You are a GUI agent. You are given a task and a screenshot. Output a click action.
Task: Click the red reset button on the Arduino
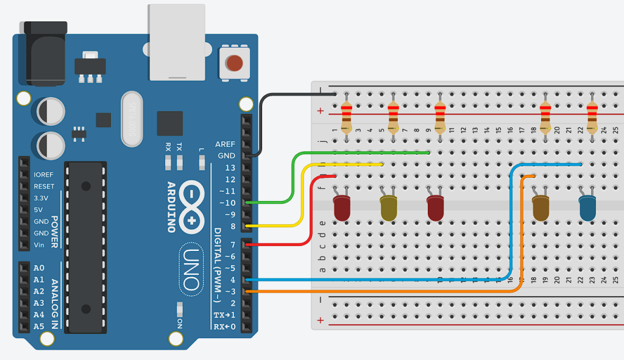234,62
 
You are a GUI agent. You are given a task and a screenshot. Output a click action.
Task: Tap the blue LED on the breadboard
588,208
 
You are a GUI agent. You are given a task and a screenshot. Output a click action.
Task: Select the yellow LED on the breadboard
389,207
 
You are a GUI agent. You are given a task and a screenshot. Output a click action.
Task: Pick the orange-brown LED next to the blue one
540,207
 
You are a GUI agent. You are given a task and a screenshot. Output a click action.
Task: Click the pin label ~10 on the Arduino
226,203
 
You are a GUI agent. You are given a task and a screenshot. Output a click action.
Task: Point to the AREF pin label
225,144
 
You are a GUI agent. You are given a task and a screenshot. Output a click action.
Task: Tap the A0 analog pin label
39,268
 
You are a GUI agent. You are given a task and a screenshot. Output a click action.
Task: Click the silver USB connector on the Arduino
177,43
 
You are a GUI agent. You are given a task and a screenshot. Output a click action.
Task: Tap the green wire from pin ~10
292,177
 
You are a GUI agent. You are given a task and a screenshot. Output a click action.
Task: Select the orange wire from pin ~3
390,291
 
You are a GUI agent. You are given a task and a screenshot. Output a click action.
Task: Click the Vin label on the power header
40,245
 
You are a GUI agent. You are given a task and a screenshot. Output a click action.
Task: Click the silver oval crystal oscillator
131,119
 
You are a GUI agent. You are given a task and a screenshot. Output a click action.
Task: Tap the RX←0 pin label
224,326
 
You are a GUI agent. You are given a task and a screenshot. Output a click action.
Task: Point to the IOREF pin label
44,175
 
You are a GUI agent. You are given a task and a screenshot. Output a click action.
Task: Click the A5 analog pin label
39,326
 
